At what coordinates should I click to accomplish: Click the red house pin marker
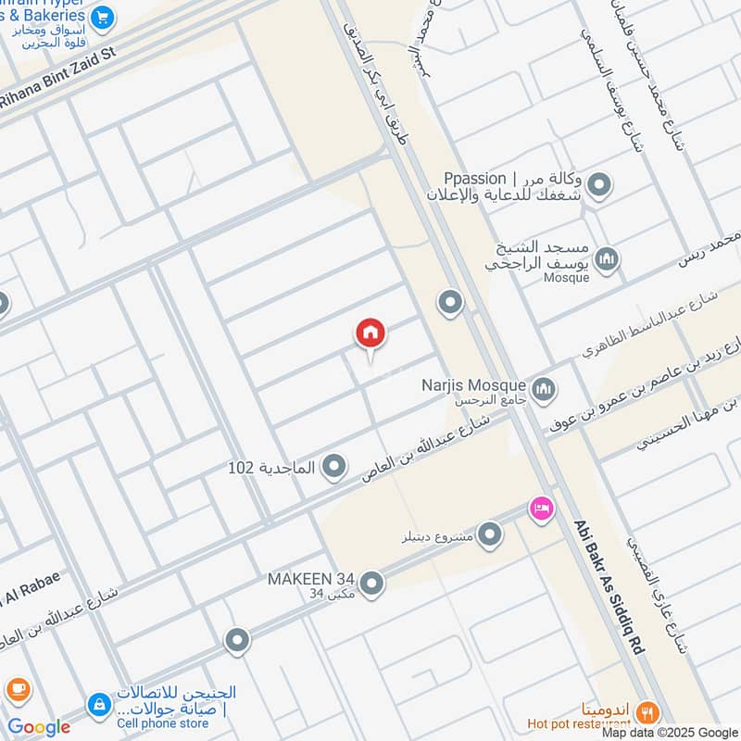click(370, 333)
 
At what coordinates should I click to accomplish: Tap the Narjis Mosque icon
click(543, 387)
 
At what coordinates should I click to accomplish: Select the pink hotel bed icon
click(541, 508)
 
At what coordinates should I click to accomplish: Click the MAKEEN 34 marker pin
click(371, 583)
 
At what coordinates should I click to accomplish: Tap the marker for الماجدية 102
click(334, 468)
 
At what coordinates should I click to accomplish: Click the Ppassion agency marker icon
click(599, 186)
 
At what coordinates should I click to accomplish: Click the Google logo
click(39, 727)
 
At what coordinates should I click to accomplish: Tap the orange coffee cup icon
click(17, 690)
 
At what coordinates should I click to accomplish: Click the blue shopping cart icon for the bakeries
click(103, 16)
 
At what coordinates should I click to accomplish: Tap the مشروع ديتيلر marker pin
click(490, 534)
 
